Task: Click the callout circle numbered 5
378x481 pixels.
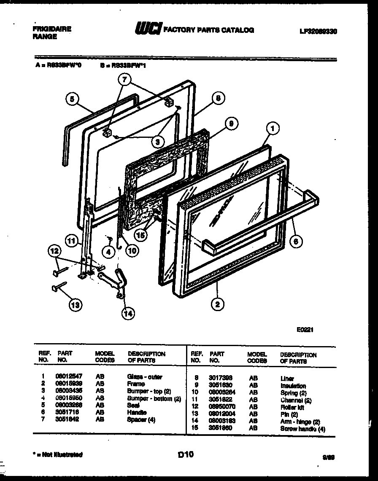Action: point(73,100)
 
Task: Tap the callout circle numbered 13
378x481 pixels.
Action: point(76,305)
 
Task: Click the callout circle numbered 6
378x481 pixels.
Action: point(298,242)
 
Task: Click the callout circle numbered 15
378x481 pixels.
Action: point(140,235)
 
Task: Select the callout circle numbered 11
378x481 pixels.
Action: point(72,242)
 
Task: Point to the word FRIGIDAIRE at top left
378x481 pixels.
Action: point(52,29)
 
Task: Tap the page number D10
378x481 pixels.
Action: point(186,454)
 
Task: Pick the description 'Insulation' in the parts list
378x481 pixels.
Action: point(293,386)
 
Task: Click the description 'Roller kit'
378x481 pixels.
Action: point(292,407)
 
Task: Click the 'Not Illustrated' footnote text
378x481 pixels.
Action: point(58,454)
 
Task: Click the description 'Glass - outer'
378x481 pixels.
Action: point(144,377)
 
